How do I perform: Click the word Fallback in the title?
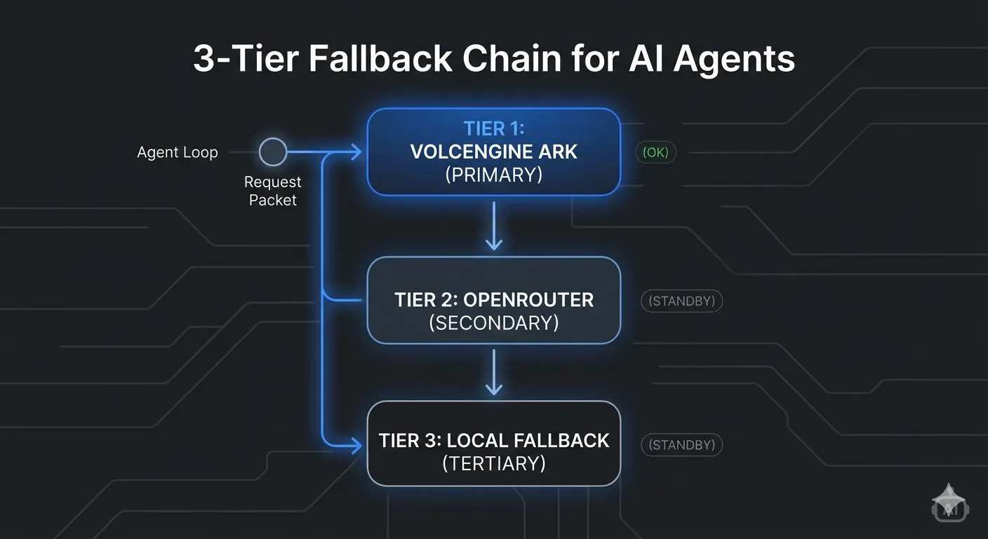(380, 59)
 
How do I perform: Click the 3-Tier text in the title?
(246, 59)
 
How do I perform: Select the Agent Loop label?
(178, 152)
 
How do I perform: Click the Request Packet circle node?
(273, 152)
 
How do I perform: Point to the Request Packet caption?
(272, 191)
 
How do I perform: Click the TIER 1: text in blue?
(494, 129)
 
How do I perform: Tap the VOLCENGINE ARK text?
(493, 152)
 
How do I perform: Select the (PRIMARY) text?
(493, 175)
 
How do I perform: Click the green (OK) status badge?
(655, 152)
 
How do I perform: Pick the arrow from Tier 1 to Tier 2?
(493, 226)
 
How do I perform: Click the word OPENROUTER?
(528, 300)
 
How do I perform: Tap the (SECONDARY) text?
(493, 323)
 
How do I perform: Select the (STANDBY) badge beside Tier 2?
(681, 301)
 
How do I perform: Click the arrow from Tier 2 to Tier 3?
(493, 372)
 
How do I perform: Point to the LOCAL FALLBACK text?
(528, 441)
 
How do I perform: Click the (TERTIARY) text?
(493, 464)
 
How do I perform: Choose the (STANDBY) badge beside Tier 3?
(681, 445)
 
